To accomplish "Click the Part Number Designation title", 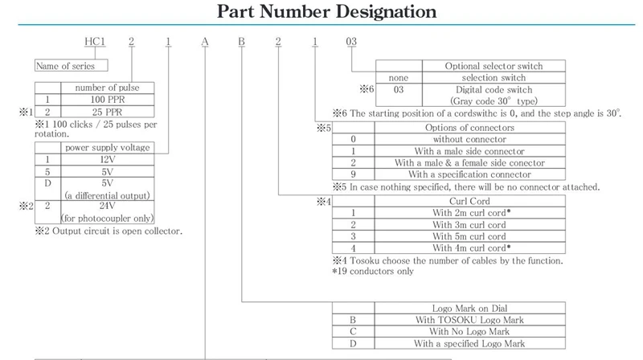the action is [x=321, y=12].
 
